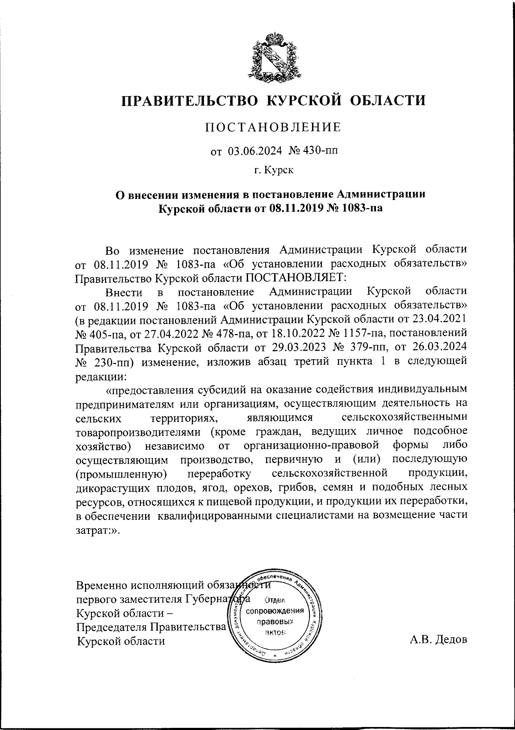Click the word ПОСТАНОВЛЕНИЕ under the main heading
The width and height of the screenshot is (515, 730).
pos(273,127)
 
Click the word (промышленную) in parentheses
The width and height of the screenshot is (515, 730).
pos(121,474)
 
